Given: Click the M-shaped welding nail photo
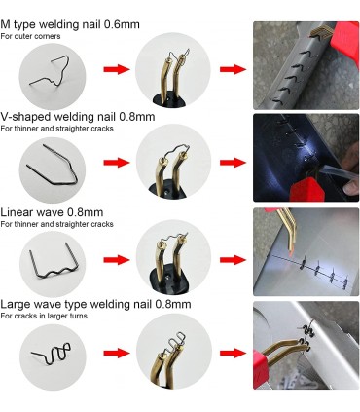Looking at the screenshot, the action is pos(53,76).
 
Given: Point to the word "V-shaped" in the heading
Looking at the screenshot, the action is pos(25,117).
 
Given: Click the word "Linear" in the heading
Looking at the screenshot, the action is pos(17,212).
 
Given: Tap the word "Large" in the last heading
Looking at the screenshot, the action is pos(15,305).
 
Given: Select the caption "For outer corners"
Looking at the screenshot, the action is pos(30,36).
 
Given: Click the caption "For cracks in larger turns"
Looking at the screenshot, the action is pos(44,316).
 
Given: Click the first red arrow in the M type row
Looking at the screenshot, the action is pos(117,69).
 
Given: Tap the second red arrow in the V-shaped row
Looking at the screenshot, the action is pos(234,163).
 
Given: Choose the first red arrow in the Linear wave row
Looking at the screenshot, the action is pos(117,260).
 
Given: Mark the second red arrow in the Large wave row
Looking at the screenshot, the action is pos(234,353).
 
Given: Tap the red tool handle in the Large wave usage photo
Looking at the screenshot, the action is pos(260,368).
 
